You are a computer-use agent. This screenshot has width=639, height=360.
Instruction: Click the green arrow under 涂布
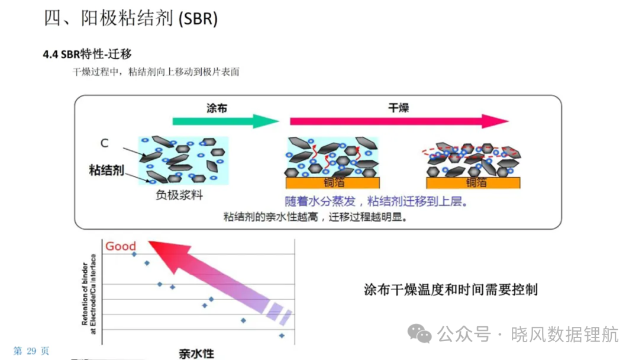click(225, 121)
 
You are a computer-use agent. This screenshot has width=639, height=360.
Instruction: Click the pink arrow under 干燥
click(399, 121)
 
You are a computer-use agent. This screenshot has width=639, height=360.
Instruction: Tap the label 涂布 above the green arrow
click(217, 108)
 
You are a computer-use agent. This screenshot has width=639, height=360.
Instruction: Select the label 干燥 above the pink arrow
click(398, 108)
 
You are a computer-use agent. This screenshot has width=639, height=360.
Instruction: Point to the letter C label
click(104, 143)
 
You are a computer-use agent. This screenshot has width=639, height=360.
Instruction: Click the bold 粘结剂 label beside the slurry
click(106, 170)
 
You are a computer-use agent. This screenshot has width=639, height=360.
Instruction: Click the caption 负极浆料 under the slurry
click(179, 195)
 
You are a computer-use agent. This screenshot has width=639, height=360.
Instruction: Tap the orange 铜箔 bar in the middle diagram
click(333, 182)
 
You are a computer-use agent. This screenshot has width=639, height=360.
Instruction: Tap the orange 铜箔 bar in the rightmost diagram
click(473, 182)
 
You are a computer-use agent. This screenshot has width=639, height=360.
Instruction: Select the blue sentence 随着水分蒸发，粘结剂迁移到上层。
click(376, 201)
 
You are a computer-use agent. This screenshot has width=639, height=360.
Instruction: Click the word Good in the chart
click(121, 246)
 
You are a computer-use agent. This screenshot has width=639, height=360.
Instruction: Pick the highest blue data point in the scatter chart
click(134, 255)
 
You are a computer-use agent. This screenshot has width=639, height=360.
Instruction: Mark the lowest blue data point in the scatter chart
click(282, 336)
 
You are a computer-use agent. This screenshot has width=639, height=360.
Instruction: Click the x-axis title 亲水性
click(196, 353)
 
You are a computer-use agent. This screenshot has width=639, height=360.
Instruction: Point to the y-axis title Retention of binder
click(85, 294)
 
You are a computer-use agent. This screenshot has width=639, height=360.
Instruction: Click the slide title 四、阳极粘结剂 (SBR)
click(130, 18)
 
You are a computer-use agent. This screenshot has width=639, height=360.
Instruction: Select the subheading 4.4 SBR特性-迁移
click(87, 54)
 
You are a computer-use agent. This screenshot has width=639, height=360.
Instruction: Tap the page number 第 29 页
click(31, 351)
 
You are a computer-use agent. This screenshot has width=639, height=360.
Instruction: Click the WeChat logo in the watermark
click(419, 333)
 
